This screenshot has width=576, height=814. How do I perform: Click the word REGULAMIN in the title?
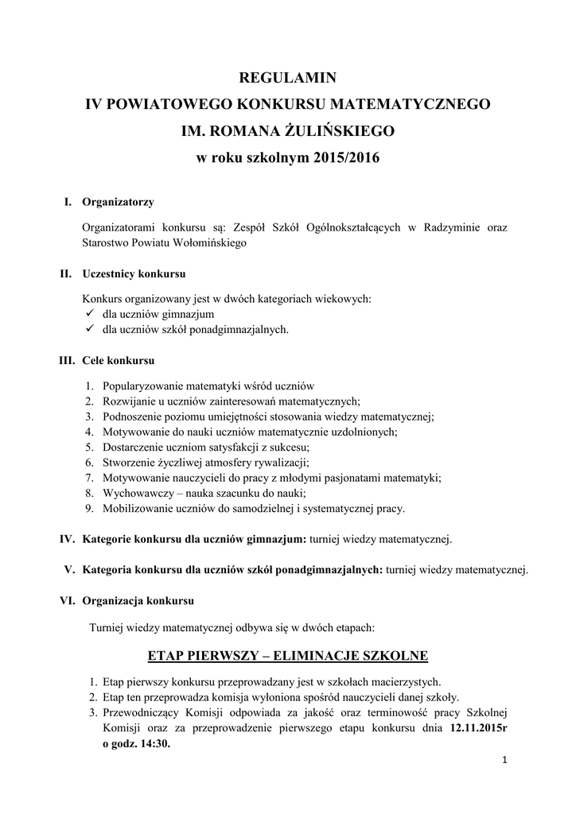[288, 78]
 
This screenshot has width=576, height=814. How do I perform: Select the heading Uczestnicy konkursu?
[134, 274]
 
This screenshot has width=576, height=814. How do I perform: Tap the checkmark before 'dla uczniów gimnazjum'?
[89, 315]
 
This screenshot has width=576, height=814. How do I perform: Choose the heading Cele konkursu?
[118, 361]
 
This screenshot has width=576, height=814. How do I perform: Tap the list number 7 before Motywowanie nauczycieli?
[89, 478]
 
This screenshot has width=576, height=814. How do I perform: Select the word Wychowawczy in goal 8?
[134, 493]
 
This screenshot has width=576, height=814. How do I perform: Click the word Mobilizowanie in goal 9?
[136, 508]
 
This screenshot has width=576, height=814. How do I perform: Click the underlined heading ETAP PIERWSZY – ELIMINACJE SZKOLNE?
[288, 656]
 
